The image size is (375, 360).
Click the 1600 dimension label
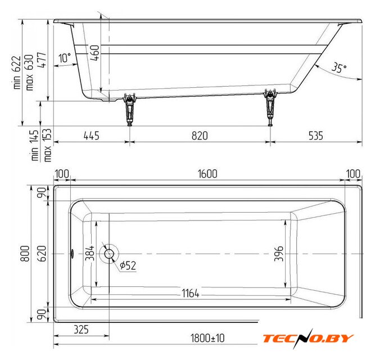pyautogui.click(x=207, y=174)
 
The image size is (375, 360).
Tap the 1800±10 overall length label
pyautogui.click(x=207, y=338)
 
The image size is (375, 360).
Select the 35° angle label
pyautogui.click(x=339, y=67)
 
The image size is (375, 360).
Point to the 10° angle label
pyautogui.click(x=65, y=57)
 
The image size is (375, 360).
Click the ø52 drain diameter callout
pyautogui.click(x=128, y=265)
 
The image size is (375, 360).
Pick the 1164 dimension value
pyautogui.click(x=191, y=293)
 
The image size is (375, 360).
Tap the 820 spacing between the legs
pyautogui.click(x=200, y=136)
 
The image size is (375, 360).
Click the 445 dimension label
pyautogui.click(x=91, y=136)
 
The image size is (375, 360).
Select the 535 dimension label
pyautogui.click(x=316, y=136)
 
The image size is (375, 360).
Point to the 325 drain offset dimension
pyautogui.click(x=82, y=330)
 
